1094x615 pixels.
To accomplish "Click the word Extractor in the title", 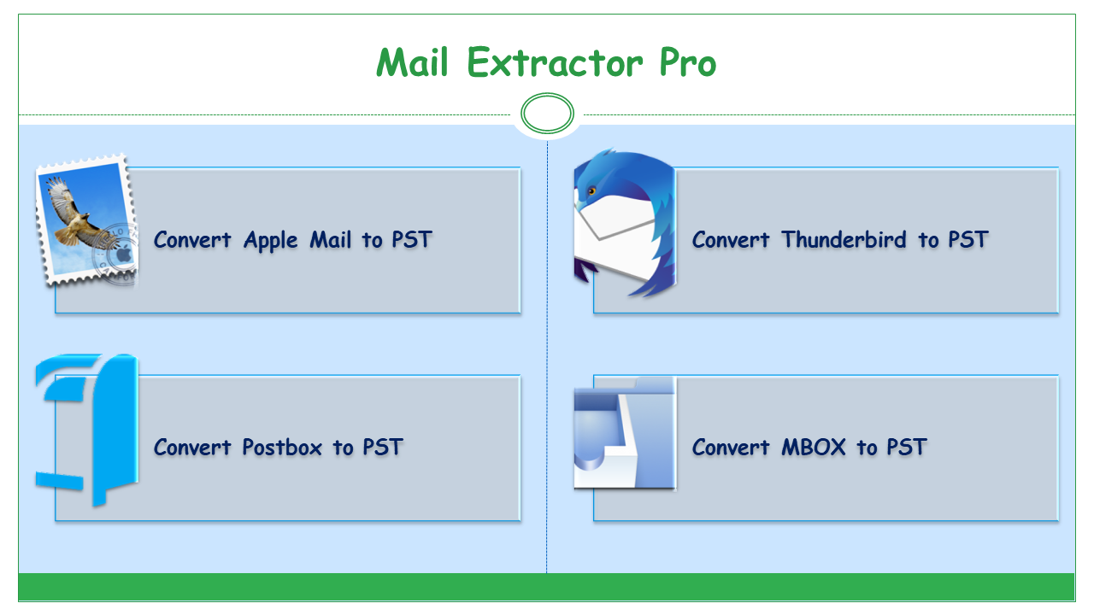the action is (x=555, y=63).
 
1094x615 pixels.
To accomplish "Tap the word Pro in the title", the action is (x=688, y=63).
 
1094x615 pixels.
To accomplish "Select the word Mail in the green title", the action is (x=412, y=63).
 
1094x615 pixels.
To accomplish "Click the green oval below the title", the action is (x=547, y=114).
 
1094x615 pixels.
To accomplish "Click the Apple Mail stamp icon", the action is (x=87, y=220).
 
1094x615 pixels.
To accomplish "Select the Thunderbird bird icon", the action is (x=625, y=223).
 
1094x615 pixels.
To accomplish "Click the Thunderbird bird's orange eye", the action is (x=592, y=190).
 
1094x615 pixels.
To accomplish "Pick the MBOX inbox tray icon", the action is (x=625, y=433).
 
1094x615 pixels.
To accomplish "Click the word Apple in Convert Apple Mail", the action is (x=271, y=241).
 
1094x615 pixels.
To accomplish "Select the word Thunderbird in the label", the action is (x=844, y=240).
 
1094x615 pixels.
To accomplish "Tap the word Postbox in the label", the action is (x=282, y=447).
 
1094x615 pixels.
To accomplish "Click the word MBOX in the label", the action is (x=813, y=447).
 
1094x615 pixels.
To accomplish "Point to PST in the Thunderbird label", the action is (x=968, y=240).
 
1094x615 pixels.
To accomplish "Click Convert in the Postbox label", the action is (x=192, y=447).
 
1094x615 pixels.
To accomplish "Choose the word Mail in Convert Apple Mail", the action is (x=330, y=240).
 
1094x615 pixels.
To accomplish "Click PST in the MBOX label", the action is (x=907, y=447).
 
